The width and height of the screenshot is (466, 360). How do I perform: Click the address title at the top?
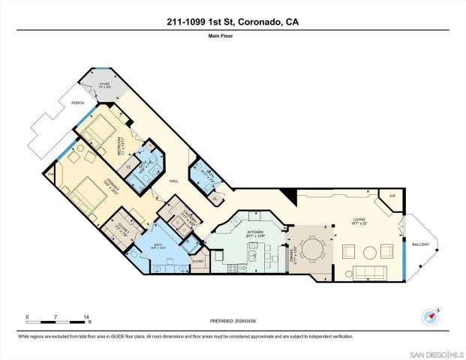tap(233, 24)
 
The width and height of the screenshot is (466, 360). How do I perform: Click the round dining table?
tap(309, 249)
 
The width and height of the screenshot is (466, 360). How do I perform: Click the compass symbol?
tap(428, 315)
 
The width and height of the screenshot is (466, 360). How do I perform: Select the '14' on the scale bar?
tap(87, 316)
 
